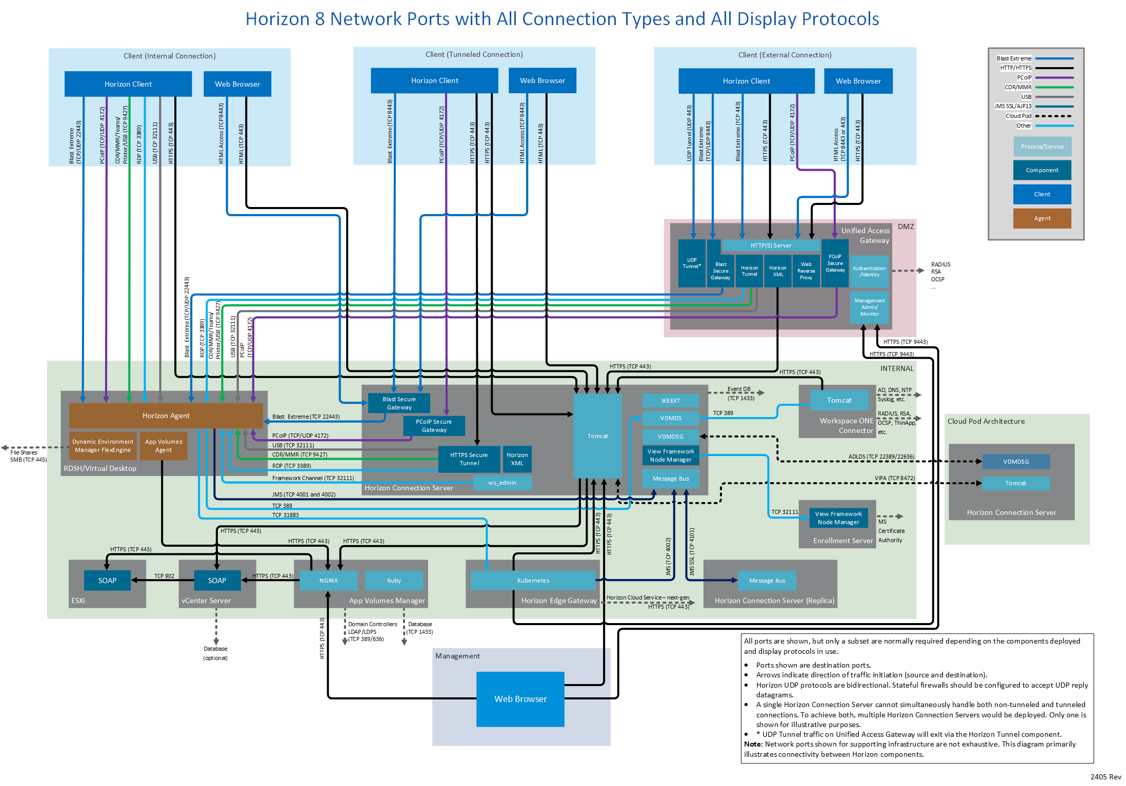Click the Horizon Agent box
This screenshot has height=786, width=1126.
tap(166, 416)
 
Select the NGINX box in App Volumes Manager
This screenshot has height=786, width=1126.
tap(329, 581)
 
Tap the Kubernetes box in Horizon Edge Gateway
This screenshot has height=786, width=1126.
tap(533, 581)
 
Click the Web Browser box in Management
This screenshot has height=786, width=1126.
tap(520, 699)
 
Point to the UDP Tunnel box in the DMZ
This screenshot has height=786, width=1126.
tap(692, 263)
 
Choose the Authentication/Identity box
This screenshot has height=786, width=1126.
tap(869, 271)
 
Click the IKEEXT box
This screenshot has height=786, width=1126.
tap(671, 401)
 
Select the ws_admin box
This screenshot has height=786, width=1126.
tap(502, 483)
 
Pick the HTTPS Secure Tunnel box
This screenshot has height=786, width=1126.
tap(469, 459)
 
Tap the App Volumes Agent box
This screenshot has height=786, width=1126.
tap(164, 446)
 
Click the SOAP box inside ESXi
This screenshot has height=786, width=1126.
tap(107, 581)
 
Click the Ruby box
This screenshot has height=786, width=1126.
tap(394, 581)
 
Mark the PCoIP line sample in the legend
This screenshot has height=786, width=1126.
tap(1054, 78)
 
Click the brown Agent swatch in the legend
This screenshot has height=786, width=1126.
tap(1042, 218)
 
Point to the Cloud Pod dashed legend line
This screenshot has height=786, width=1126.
tap(1054, 116)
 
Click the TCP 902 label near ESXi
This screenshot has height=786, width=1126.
tap(164, 576)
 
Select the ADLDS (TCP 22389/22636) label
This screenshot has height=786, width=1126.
tap(881, 457)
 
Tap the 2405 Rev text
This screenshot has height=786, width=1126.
tap(1105, 777)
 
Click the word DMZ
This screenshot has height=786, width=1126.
tap(906, 226)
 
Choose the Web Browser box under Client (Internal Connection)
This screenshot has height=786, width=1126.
tap(237, 84)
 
